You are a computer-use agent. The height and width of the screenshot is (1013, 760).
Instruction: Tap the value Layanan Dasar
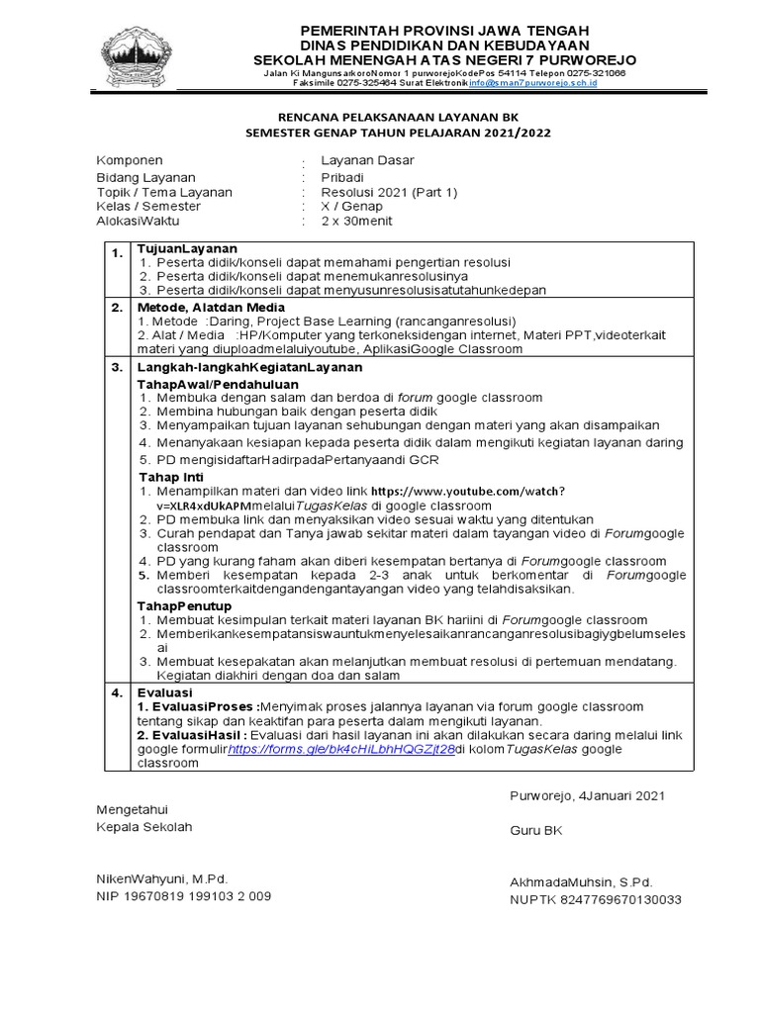[x=367, y=160]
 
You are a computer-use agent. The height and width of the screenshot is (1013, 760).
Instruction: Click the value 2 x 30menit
[x=356, y=221]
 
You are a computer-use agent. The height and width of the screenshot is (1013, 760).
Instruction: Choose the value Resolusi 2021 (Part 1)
[x=390, y=192]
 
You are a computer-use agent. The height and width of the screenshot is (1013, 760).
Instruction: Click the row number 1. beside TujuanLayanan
[x=116, y=254]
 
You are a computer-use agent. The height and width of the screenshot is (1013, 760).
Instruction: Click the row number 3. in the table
[x=116, y=367]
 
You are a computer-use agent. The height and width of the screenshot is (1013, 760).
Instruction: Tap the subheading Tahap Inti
[x=170, y=477]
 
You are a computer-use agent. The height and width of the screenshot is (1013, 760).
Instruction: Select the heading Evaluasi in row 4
[x=164, y=692]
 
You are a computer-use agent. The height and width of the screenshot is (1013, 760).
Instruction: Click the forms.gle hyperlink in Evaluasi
[x=341, y=750]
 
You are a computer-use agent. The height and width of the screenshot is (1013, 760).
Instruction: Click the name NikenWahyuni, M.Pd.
[x=161, y=878]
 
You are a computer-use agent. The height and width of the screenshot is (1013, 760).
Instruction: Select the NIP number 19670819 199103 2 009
[x=183, y=896]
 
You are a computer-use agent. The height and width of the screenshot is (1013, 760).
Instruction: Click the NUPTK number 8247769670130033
[x=596, y=899]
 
